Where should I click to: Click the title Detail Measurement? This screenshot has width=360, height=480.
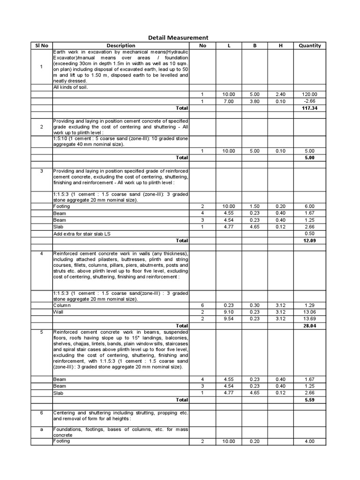coord(178,37)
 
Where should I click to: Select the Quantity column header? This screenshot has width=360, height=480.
coord(310,45)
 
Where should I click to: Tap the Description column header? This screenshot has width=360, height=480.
coord(120,45)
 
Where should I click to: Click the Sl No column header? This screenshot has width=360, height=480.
coord(41,45)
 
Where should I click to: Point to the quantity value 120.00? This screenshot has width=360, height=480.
coord(310,94)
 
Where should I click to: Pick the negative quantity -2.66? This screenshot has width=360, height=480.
coord(310,101)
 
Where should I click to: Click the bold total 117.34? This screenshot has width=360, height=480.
coord(310,108)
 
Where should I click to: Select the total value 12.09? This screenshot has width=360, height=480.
coord(310,240)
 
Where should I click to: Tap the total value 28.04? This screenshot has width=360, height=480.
coord(310,325)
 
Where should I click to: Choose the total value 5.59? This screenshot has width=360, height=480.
coord(310,400)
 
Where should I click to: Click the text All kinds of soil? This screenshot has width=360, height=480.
coord(70,87)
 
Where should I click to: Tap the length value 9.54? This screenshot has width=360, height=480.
coord(229,319)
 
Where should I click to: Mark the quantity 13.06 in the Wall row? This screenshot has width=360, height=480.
coord(310,312)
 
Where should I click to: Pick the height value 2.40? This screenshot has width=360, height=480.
coord(280,94)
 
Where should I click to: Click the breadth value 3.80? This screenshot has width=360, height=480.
coord(255,101)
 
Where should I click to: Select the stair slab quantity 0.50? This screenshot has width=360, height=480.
coord(310,233)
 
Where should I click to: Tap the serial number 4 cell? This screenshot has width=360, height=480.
coord(41,254)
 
